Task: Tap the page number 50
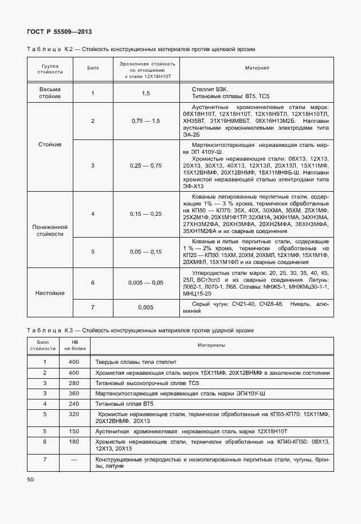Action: click(x=30, y=479)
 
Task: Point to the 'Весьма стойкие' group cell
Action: click(x=50, y=93)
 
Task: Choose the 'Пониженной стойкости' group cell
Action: click(x=50, y=231)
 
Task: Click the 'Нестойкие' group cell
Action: click(x=50, y=292)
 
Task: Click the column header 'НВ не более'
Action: click(x=73, y=346)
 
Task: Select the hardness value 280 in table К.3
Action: click(x=73, y=383)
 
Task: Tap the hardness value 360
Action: click(x=73, y=394)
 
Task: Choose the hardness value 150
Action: click(x=73, y=430)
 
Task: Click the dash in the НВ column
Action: click(x=73, y=460)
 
